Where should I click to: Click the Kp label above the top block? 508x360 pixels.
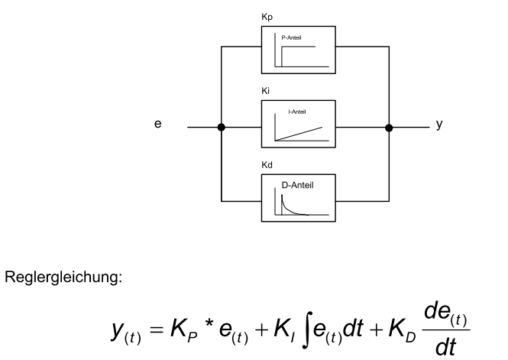pyautogui.click(x=267, y=16)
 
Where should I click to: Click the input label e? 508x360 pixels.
pyautogui.click(x=157, y=122)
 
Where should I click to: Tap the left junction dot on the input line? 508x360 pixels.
pyautogui.click(x=221, y=128)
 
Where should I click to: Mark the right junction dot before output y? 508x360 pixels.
pyautogui.click(x=390, y=128)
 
